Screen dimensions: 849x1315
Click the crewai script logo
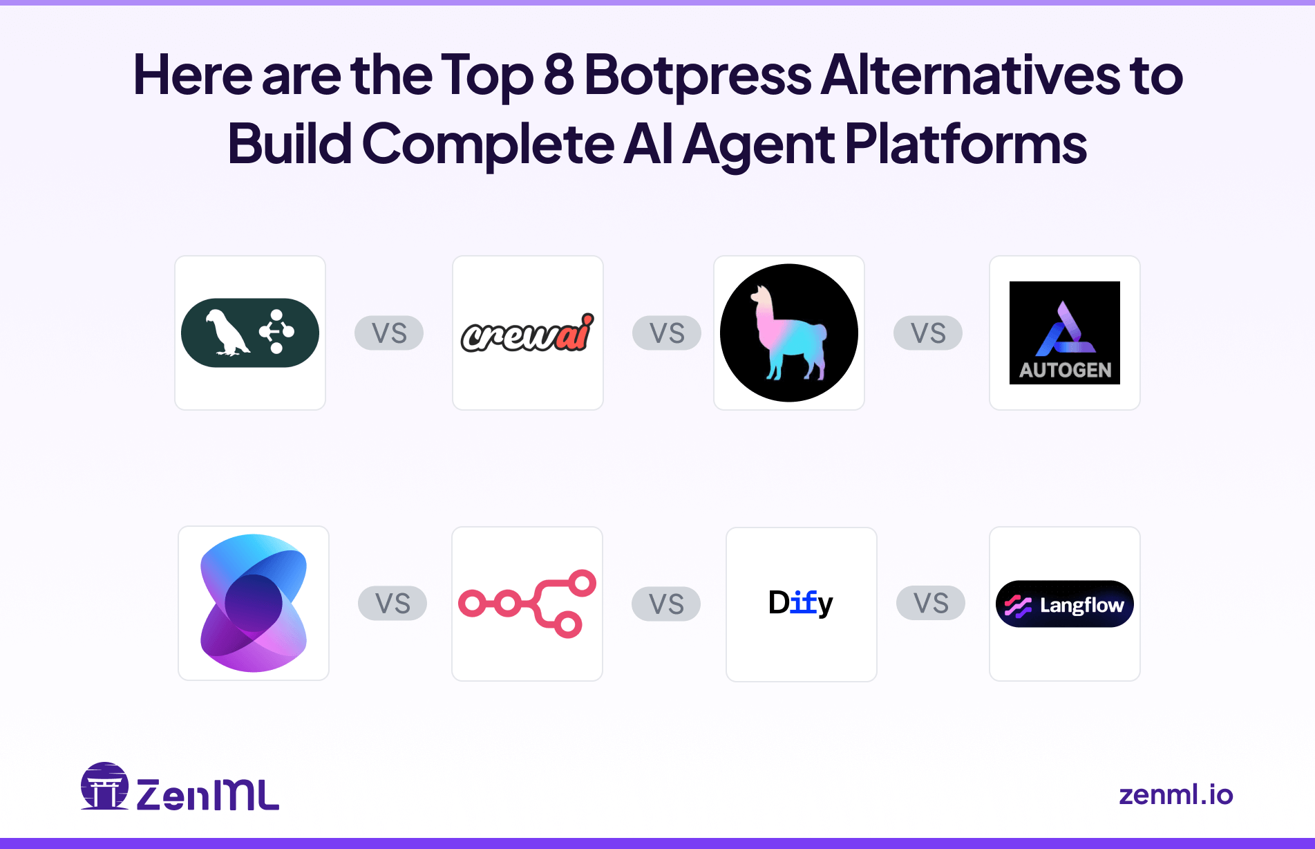[527, 333]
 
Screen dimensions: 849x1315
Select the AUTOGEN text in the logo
[1065, 370]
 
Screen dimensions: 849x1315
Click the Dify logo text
[800, 603]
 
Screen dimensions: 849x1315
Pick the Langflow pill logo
[1064, 604]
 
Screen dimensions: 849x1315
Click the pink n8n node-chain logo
[527, 603]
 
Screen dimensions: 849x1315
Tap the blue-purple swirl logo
[254, 603]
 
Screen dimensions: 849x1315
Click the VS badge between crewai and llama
[667, 333]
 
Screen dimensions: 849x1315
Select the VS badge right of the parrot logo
[389, 333]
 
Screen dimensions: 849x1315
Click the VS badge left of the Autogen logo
[928, 333]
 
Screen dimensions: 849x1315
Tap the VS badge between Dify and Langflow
[931, 604]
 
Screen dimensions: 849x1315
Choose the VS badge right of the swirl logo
[392, 604]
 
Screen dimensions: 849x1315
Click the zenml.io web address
[1175, 794]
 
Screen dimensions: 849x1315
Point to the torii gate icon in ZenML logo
[105, 787]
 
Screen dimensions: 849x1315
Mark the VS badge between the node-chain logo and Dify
[666, 604]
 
